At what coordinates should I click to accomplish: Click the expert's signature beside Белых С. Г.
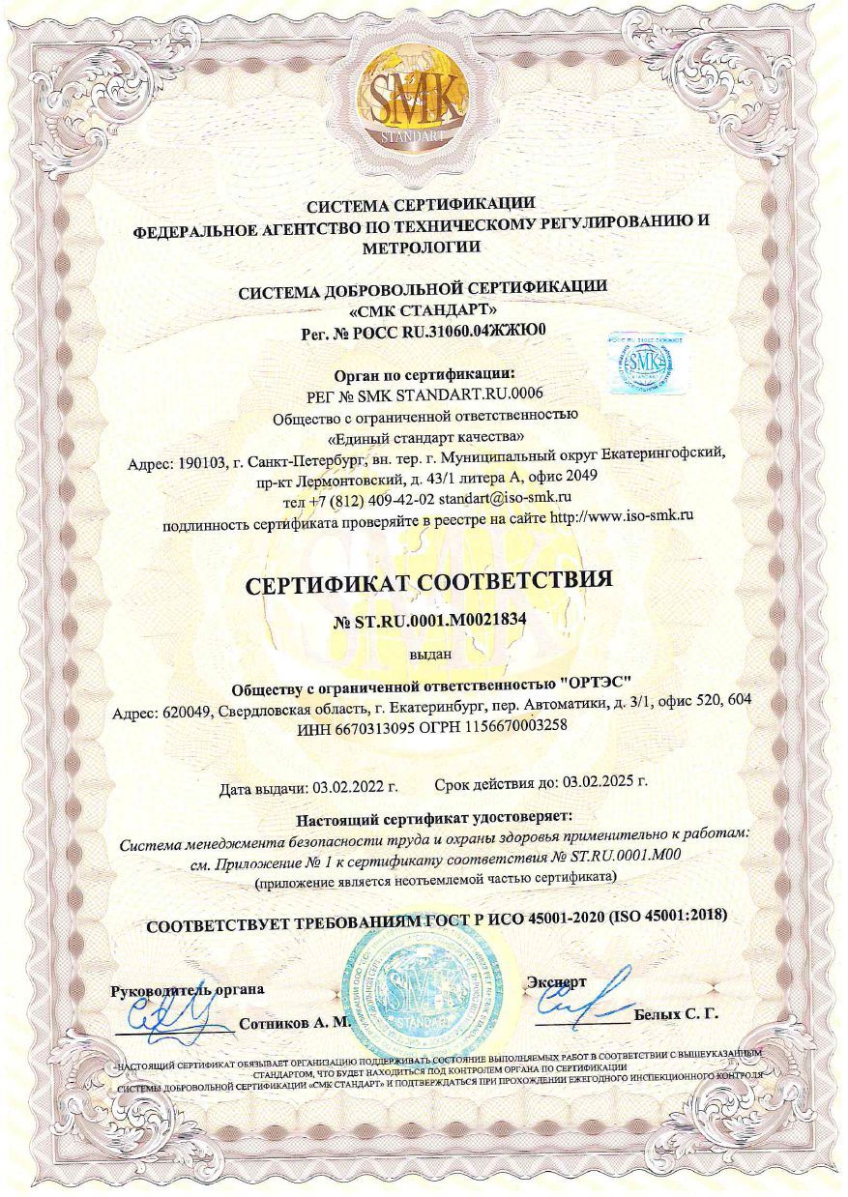coord(591,996)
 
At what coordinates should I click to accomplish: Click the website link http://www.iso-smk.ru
coord(621,518)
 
